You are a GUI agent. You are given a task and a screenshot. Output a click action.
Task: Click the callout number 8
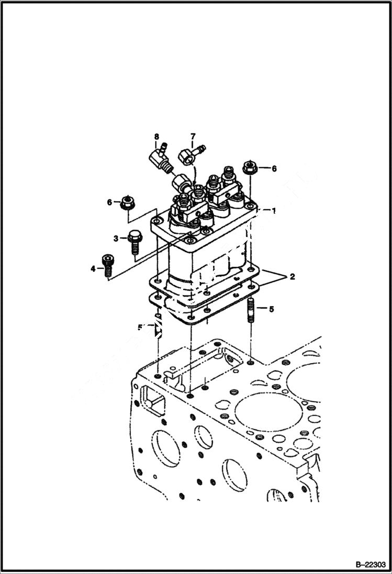coord(156,137)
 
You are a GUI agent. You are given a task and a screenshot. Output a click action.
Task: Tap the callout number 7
coord(192,137)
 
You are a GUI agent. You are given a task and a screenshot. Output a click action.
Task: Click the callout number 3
coord(116,239)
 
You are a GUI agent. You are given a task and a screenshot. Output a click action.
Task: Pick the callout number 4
coord(93,269)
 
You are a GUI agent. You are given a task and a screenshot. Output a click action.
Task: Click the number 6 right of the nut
coord(274,168)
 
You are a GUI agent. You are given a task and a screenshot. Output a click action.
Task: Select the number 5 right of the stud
coord(271,309)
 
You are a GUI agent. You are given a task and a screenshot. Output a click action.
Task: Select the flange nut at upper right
coord(249,169)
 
